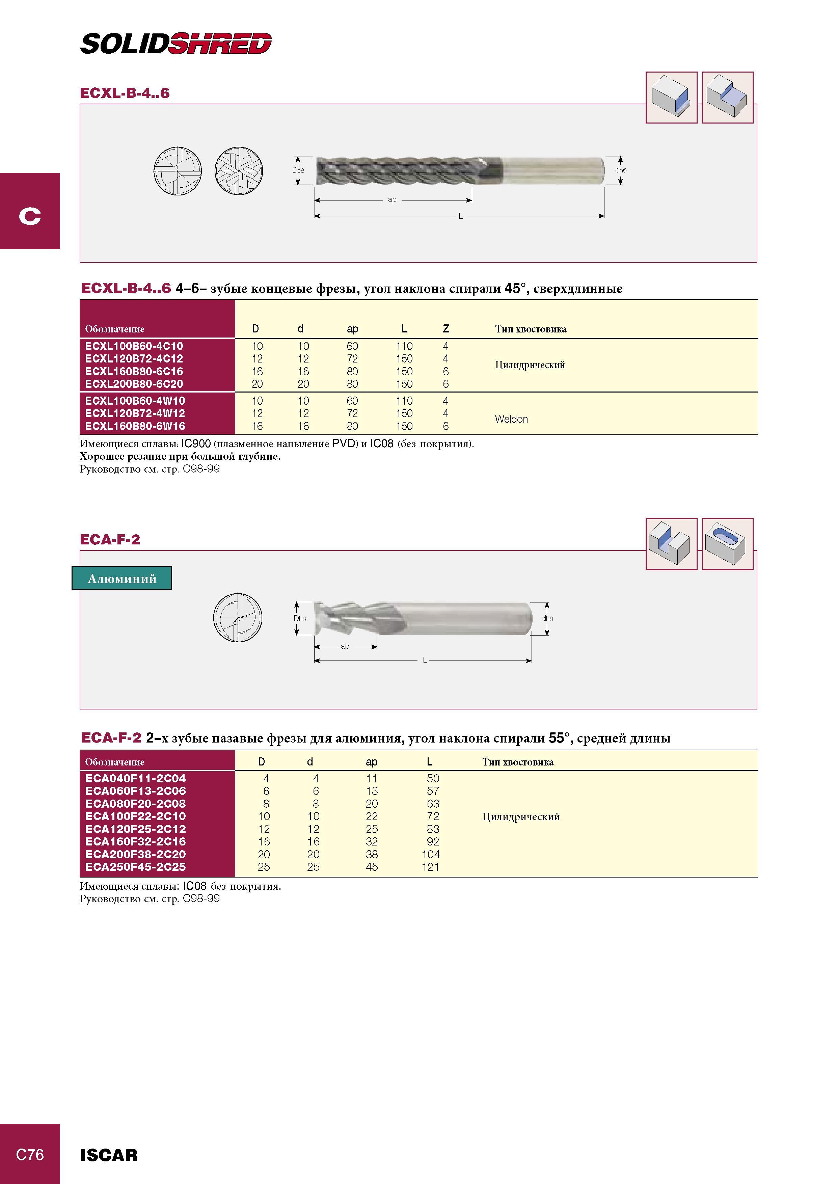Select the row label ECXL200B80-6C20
(134, 384)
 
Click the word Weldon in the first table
(511, 419)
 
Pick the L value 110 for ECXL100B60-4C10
(404, 346)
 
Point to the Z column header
(446, 328)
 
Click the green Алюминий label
(122, 578)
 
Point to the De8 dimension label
(299, 170)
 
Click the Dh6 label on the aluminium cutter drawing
(300, 618)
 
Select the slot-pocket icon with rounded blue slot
(728, 544)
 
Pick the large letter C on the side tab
(30, 216)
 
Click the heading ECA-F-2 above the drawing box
(110, 540)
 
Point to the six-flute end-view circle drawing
(238, 171)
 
